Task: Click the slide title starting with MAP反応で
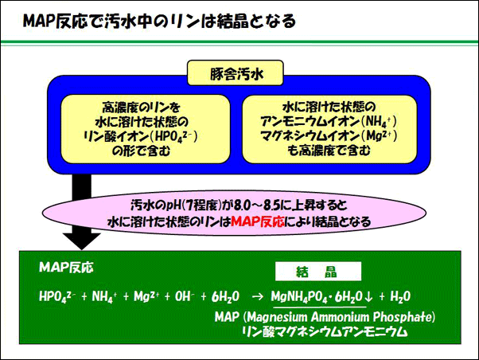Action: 159,18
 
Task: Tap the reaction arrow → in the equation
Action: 256,296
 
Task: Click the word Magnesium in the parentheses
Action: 281,317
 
